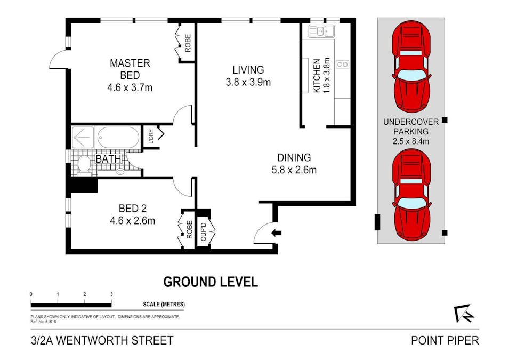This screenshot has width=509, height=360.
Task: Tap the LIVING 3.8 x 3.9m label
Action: click(248, 76)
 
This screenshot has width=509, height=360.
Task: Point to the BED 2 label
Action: click(132, 214)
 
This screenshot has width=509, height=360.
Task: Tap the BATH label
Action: click(108, 159)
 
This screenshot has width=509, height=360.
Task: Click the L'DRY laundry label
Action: click(151, 137)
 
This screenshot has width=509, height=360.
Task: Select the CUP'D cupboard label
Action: click(204, 232)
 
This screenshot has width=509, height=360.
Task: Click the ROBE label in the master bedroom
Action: click(188, 43)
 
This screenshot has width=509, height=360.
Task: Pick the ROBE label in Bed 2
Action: click(190, 230)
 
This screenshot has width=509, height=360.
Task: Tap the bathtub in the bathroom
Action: click(118, 138)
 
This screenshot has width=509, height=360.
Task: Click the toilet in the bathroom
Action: click(84, 164)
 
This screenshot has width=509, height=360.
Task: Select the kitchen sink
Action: click(321, 31)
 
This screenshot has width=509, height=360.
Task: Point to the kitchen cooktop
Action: click(343, 65)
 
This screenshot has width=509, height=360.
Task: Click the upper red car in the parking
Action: click(411, 67)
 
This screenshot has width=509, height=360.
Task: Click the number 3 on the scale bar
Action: click(112, 294)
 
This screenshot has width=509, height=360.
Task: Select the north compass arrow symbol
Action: click(465, 313)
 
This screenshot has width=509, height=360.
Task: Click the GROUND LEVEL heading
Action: click(211, 282)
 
